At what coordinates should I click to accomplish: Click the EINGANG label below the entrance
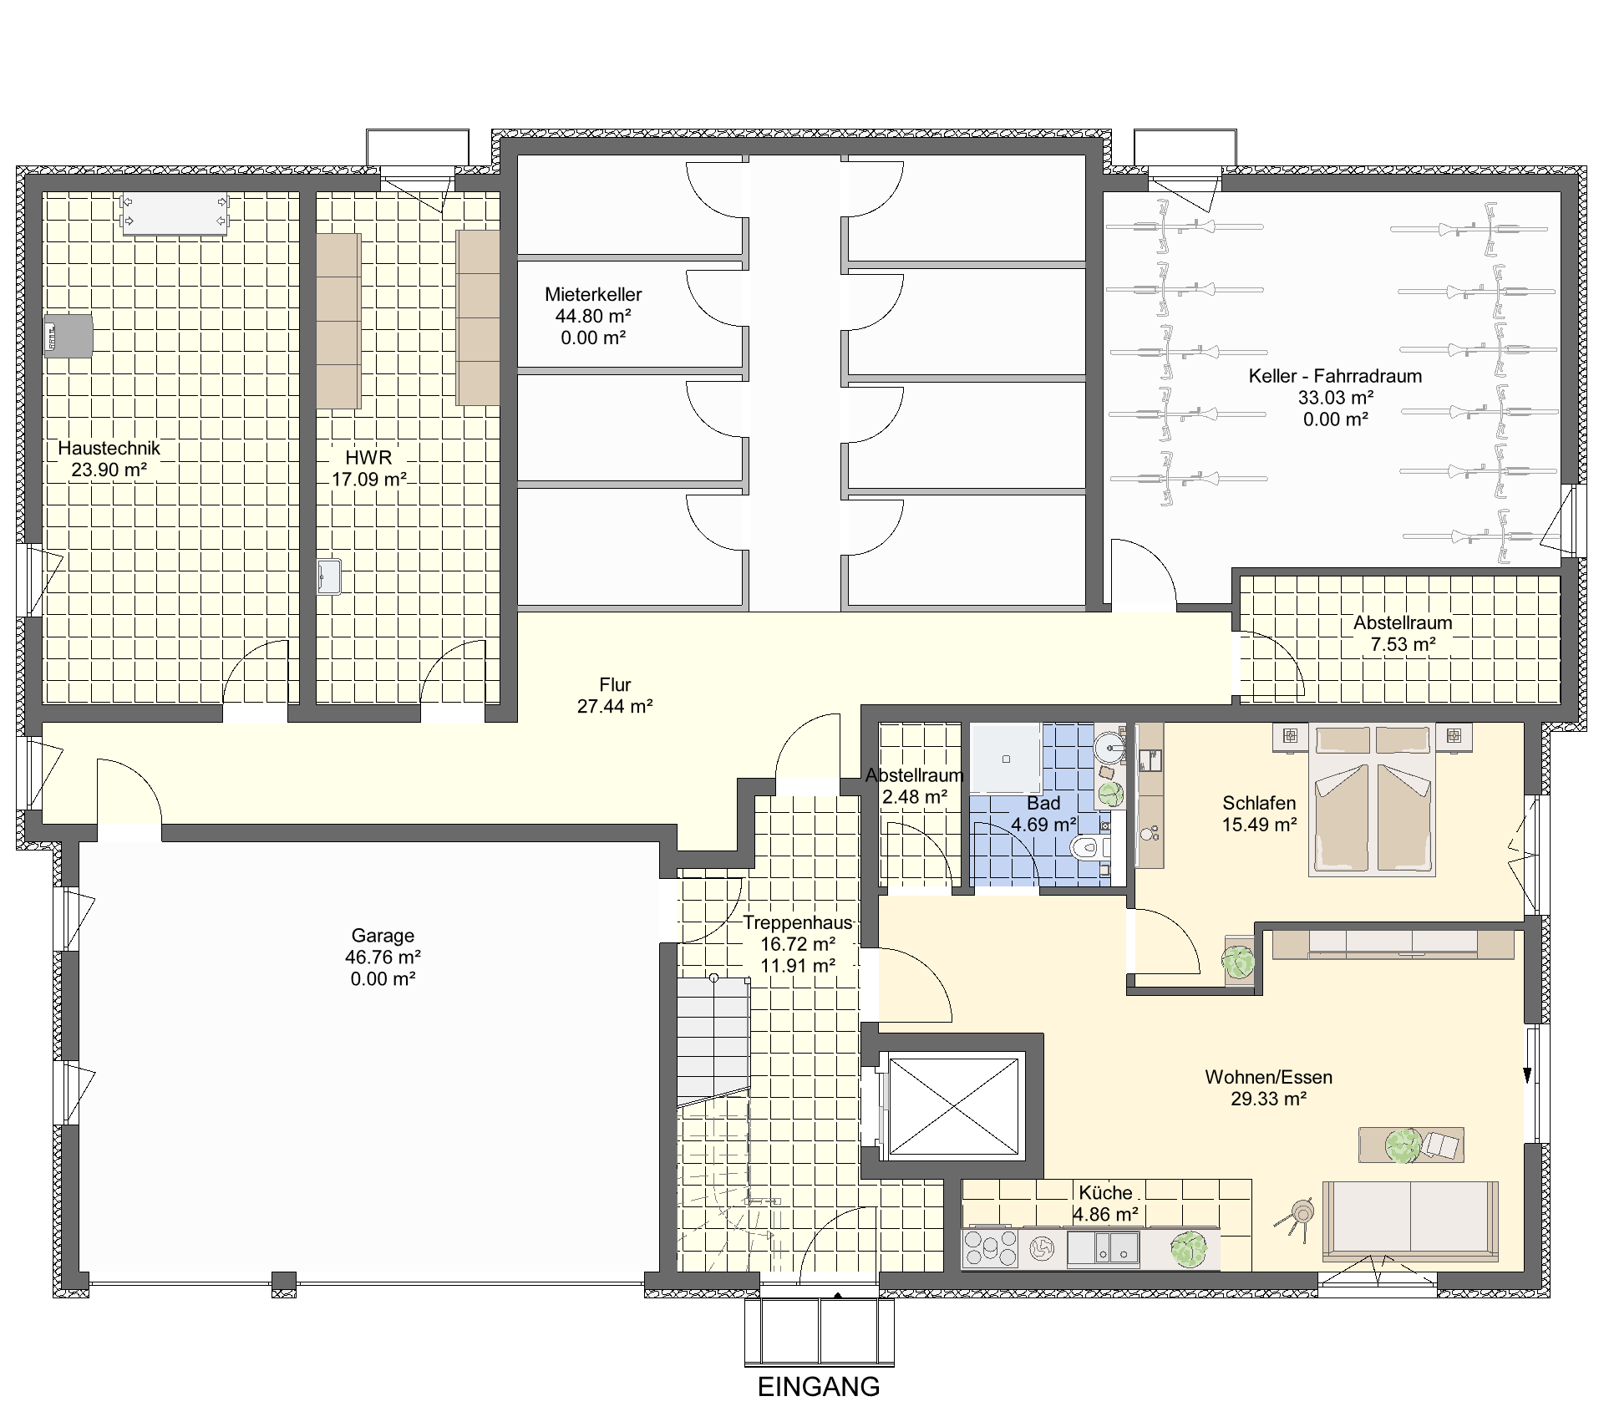[819, 1387]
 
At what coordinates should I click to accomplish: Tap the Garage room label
[383, 936]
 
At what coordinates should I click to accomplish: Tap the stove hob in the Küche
[991, 1248]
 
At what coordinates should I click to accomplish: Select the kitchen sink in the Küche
[1104, 1248]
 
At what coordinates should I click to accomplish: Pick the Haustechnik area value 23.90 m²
[109, 470]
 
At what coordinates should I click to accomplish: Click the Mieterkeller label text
[593, 294]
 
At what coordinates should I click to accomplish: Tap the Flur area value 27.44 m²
[615, 706]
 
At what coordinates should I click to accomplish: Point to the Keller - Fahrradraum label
[1335, 376]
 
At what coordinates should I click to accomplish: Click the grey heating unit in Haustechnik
[69, 336]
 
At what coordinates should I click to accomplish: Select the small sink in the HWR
[329, 576]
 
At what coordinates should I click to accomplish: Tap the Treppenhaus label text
[798, 922]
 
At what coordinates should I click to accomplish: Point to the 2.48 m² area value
[915, 797]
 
